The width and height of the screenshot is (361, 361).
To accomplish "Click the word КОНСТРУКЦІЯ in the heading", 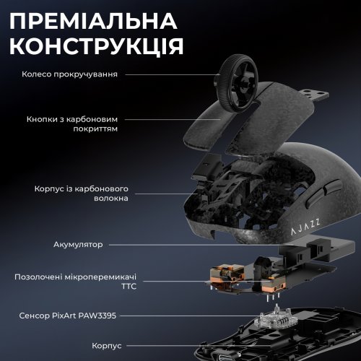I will [x=96, y=45].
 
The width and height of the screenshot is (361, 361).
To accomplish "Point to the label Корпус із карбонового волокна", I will [x=81, y=193].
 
